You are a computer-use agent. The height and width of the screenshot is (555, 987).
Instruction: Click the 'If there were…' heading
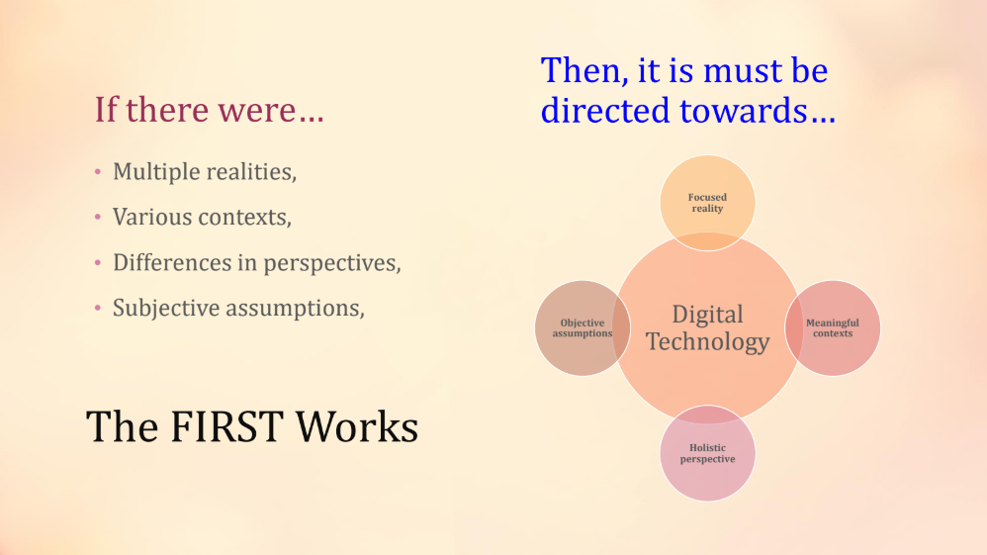(x=209, y=110)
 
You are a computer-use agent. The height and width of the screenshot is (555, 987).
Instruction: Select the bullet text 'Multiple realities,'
(x=205, y=171)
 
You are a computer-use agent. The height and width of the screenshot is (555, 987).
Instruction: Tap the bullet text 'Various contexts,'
(x=202, y=217)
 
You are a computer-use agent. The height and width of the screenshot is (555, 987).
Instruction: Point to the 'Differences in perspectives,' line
(x=257, y=263)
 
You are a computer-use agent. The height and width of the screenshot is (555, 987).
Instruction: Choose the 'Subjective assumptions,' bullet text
(x=238, y=308)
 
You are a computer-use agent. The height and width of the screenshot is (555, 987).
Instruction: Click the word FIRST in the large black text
(x=225, y=426)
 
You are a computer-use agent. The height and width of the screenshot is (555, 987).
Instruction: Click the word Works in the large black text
(x=357, y=426)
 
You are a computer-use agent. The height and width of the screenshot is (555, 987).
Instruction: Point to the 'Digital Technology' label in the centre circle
(x=707, y=327)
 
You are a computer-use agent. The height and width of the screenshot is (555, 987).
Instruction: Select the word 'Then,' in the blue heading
(x=584, y=70)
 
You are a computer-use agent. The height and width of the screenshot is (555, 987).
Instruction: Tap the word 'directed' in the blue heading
(x=605, y=110)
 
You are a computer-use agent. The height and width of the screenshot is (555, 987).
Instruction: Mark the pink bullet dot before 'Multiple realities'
(x=98, y=171)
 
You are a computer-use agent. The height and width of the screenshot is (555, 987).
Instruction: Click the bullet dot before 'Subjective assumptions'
(x=98, y=308)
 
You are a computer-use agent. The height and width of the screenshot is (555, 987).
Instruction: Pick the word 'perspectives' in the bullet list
(x=331, y=263)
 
